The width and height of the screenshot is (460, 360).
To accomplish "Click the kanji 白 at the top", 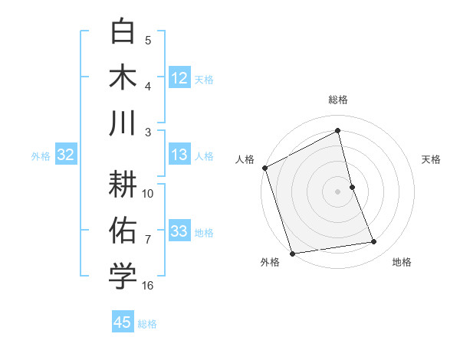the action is pyautogui.click(x=123, y=32).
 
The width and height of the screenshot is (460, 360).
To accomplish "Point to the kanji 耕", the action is pyautogui.click(x=123, y=183).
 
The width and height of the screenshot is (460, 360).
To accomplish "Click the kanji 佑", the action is pyautogui.click(x=123, y=230).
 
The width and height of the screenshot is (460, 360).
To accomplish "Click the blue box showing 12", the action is pyautogui.click(x=179, y=77).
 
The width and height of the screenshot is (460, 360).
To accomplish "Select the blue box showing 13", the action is pyautogui.click(x=179, y=155).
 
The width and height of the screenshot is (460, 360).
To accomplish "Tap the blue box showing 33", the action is pyautogui.click(x=179, y=231).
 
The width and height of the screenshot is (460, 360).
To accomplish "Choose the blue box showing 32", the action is pyautogui.click(x=65, y=155).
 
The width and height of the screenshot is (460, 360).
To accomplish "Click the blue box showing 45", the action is pyautogui.click(x=123, y=322).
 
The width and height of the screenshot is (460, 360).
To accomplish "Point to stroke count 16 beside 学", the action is pyautogui.click(x=148, y=286).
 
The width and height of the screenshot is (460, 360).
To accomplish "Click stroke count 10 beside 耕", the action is pyautogui.click(x=148, y=193).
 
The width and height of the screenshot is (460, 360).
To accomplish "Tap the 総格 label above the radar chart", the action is pyautogui.click(x=338, y=100).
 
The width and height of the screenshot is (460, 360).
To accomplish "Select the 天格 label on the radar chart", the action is pyautogui.click(x=431, y=159).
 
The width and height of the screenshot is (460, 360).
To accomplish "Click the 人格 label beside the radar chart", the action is pyautogui.click(x=245, y=159).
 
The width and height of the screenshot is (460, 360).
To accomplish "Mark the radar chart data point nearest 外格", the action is pyautogui.click(x=292, y=253).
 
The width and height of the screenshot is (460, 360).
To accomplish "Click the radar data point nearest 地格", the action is pyautogui.click(x=374, y=242).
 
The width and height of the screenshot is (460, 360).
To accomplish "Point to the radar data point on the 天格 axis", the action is pyautogui.click(x=352, y=187).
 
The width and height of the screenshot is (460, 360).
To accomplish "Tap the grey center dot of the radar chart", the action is pyautogui.click(x=338, y=191).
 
